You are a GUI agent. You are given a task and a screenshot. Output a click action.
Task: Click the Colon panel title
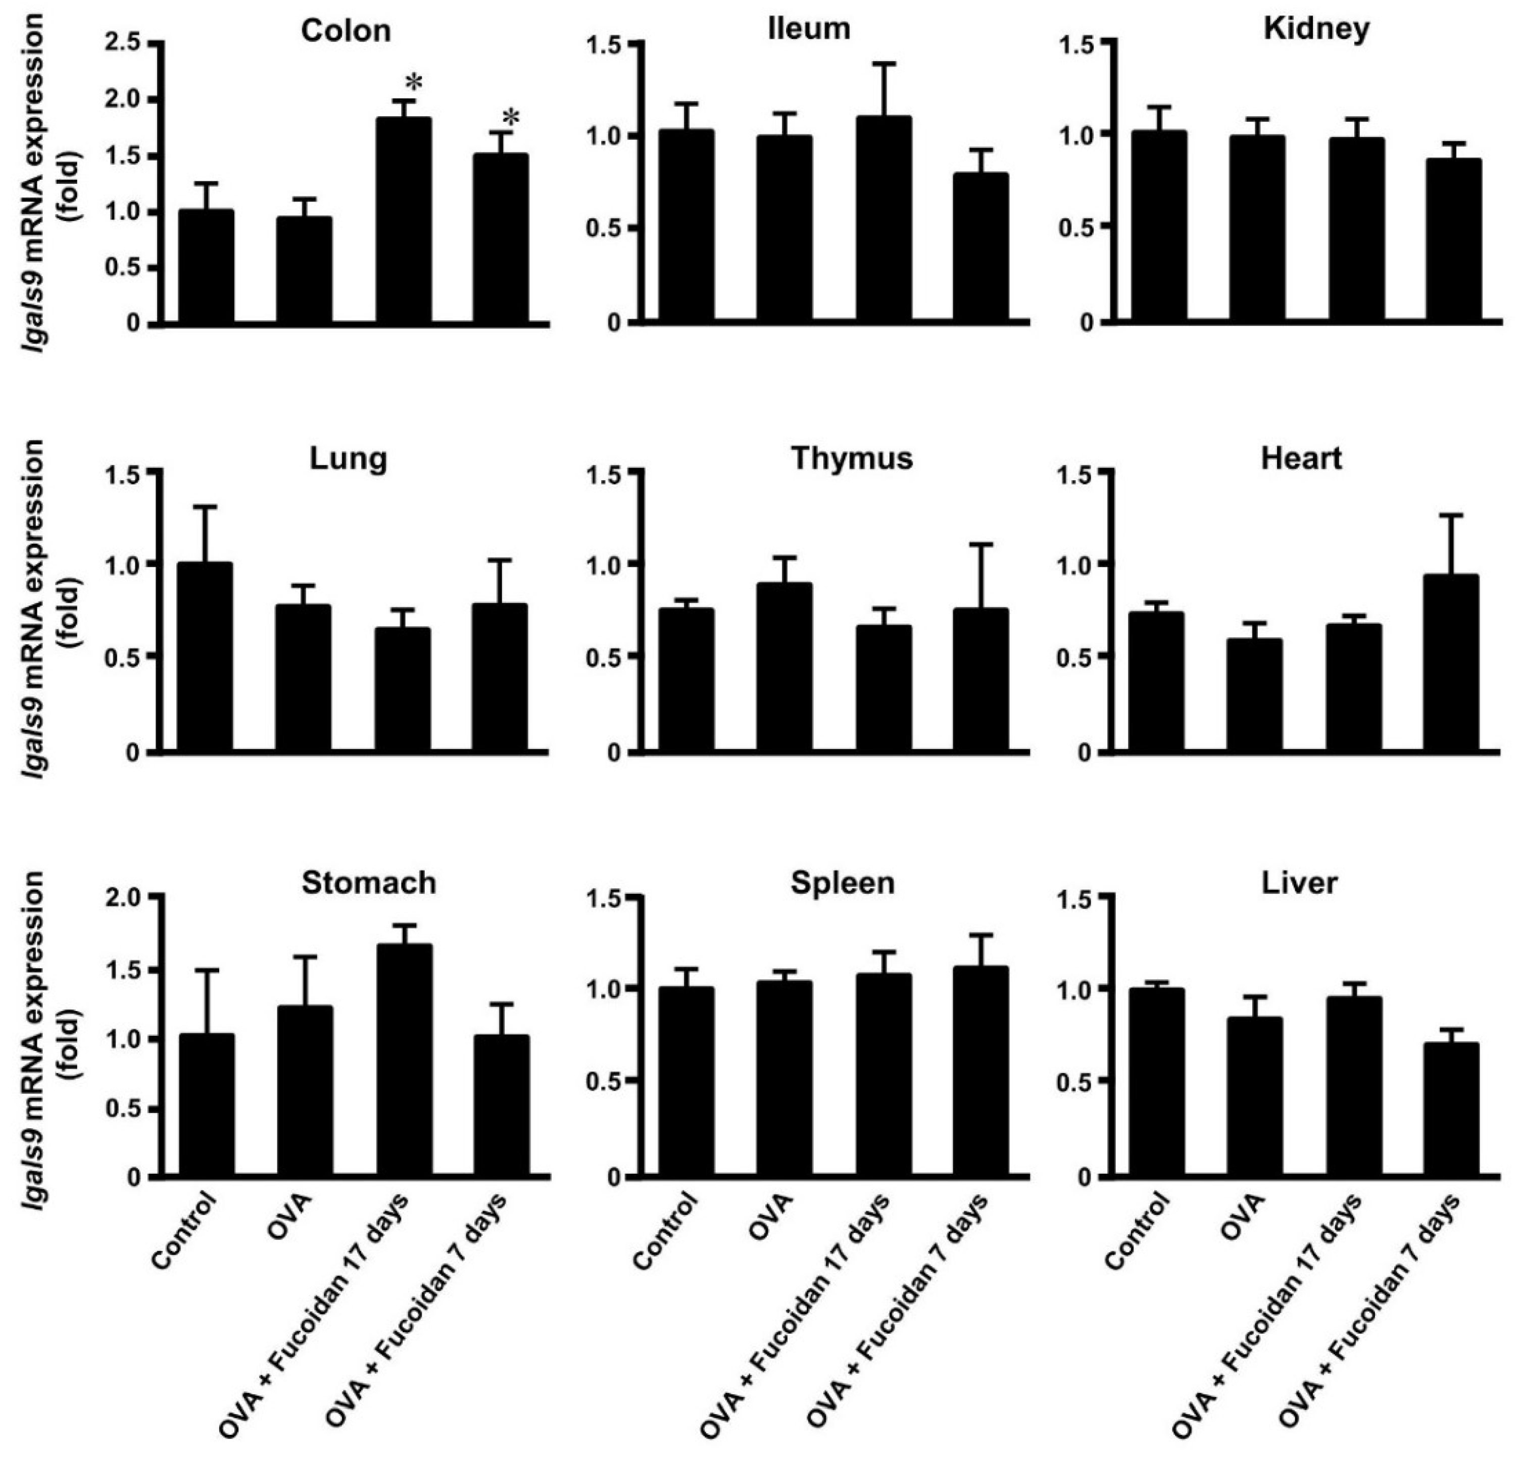(x=346, y=31)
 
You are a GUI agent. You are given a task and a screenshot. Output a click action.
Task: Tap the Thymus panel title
(x=852, y=458)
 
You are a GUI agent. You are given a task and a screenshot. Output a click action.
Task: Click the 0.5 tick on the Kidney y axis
(x=1072, y=226)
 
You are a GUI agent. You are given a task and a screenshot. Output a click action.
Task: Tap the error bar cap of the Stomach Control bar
(x=206, y=971)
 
